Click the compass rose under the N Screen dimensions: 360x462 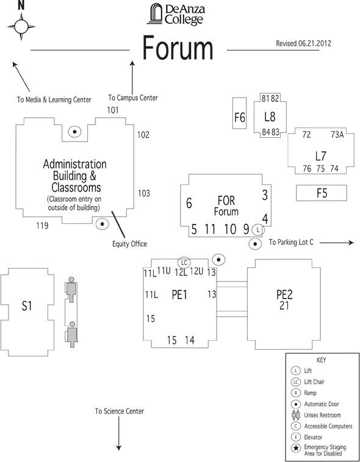click(21, 27)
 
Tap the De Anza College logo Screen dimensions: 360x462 click(176, 14)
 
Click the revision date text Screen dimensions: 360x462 click(303, 43)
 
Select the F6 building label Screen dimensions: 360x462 click(240, 118)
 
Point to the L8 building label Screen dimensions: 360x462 click(270, 117)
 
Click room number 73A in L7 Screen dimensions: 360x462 click(337, 135)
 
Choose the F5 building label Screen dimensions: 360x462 click(322, 193)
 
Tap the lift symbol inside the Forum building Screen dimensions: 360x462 click(258, 230)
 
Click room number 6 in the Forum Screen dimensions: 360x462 click(189, 203)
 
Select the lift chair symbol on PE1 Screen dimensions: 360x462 click(184, 262)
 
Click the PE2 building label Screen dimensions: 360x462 click(284, 294)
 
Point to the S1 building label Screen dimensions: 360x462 click(26, 306)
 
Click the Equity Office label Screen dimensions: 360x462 click(129, 244)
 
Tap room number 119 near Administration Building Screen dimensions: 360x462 click(42, 226)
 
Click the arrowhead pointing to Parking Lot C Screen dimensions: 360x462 click(351, 242)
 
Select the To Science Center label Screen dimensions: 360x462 click(120, 411)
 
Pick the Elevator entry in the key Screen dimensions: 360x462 click(313, 437)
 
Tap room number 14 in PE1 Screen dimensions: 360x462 click(190, 341)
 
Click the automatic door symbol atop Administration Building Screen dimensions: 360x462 click(74, 132)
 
